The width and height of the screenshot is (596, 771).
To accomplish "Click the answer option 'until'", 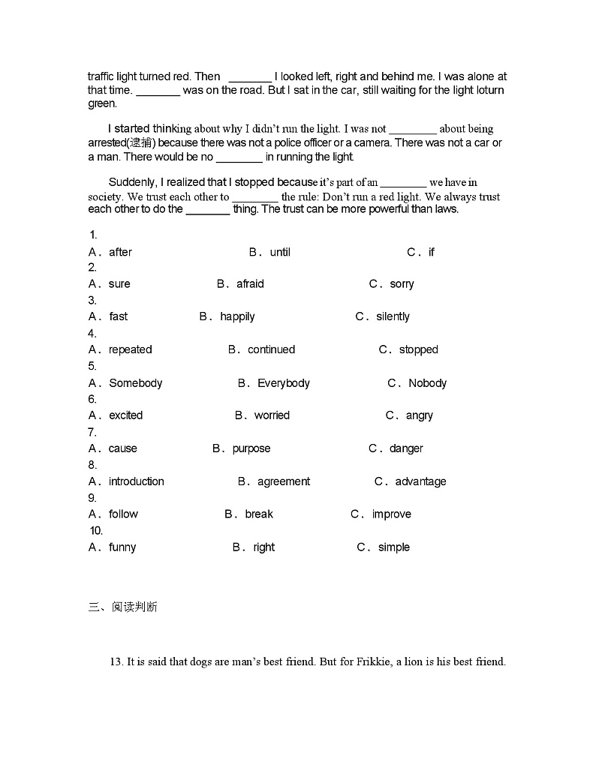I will point(280,252).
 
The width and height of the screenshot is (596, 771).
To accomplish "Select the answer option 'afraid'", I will point(250,284).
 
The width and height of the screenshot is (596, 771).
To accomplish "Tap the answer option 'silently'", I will point(393,316).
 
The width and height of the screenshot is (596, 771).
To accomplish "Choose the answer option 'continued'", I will point(271,349).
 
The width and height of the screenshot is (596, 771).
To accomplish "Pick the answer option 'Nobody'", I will point(427,383).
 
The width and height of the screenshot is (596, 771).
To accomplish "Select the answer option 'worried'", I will point(272,415).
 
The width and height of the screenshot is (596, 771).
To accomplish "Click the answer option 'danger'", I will point(406,448).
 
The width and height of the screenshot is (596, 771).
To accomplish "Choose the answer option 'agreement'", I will point(284,481).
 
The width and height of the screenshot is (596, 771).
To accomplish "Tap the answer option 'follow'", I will point(123,514).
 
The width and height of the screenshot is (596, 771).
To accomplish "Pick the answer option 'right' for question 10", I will point(263,547).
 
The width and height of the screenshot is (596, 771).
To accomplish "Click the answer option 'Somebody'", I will point(135,383).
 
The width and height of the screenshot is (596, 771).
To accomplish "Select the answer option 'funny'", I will point(122,547).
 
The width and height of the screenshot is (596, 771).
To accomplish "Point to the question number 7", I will point(92,432).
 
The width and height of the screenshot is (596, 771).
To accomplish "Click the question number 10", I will point(95,531).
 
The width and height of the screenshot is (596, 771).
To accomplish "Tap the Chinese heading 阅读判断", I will point(134,607).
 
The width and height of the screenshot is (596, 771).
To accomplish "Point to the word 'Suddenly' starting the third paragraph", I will point(130,182).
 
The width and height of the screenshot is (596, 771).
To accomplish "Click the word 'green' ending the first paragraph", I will point(101,103).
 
